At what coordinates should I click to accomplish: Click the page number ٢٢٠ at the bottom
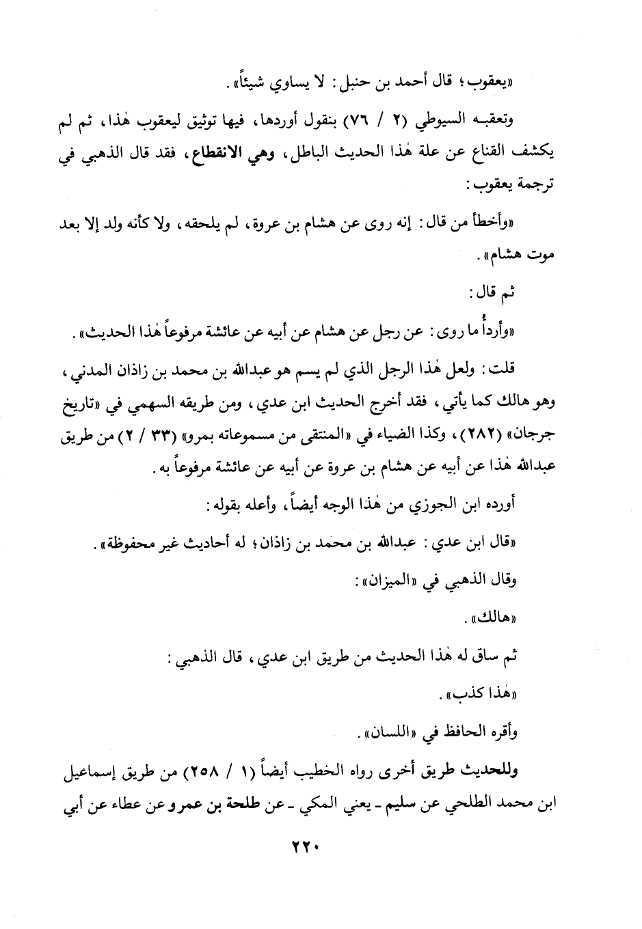click(x=302, y=846)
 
